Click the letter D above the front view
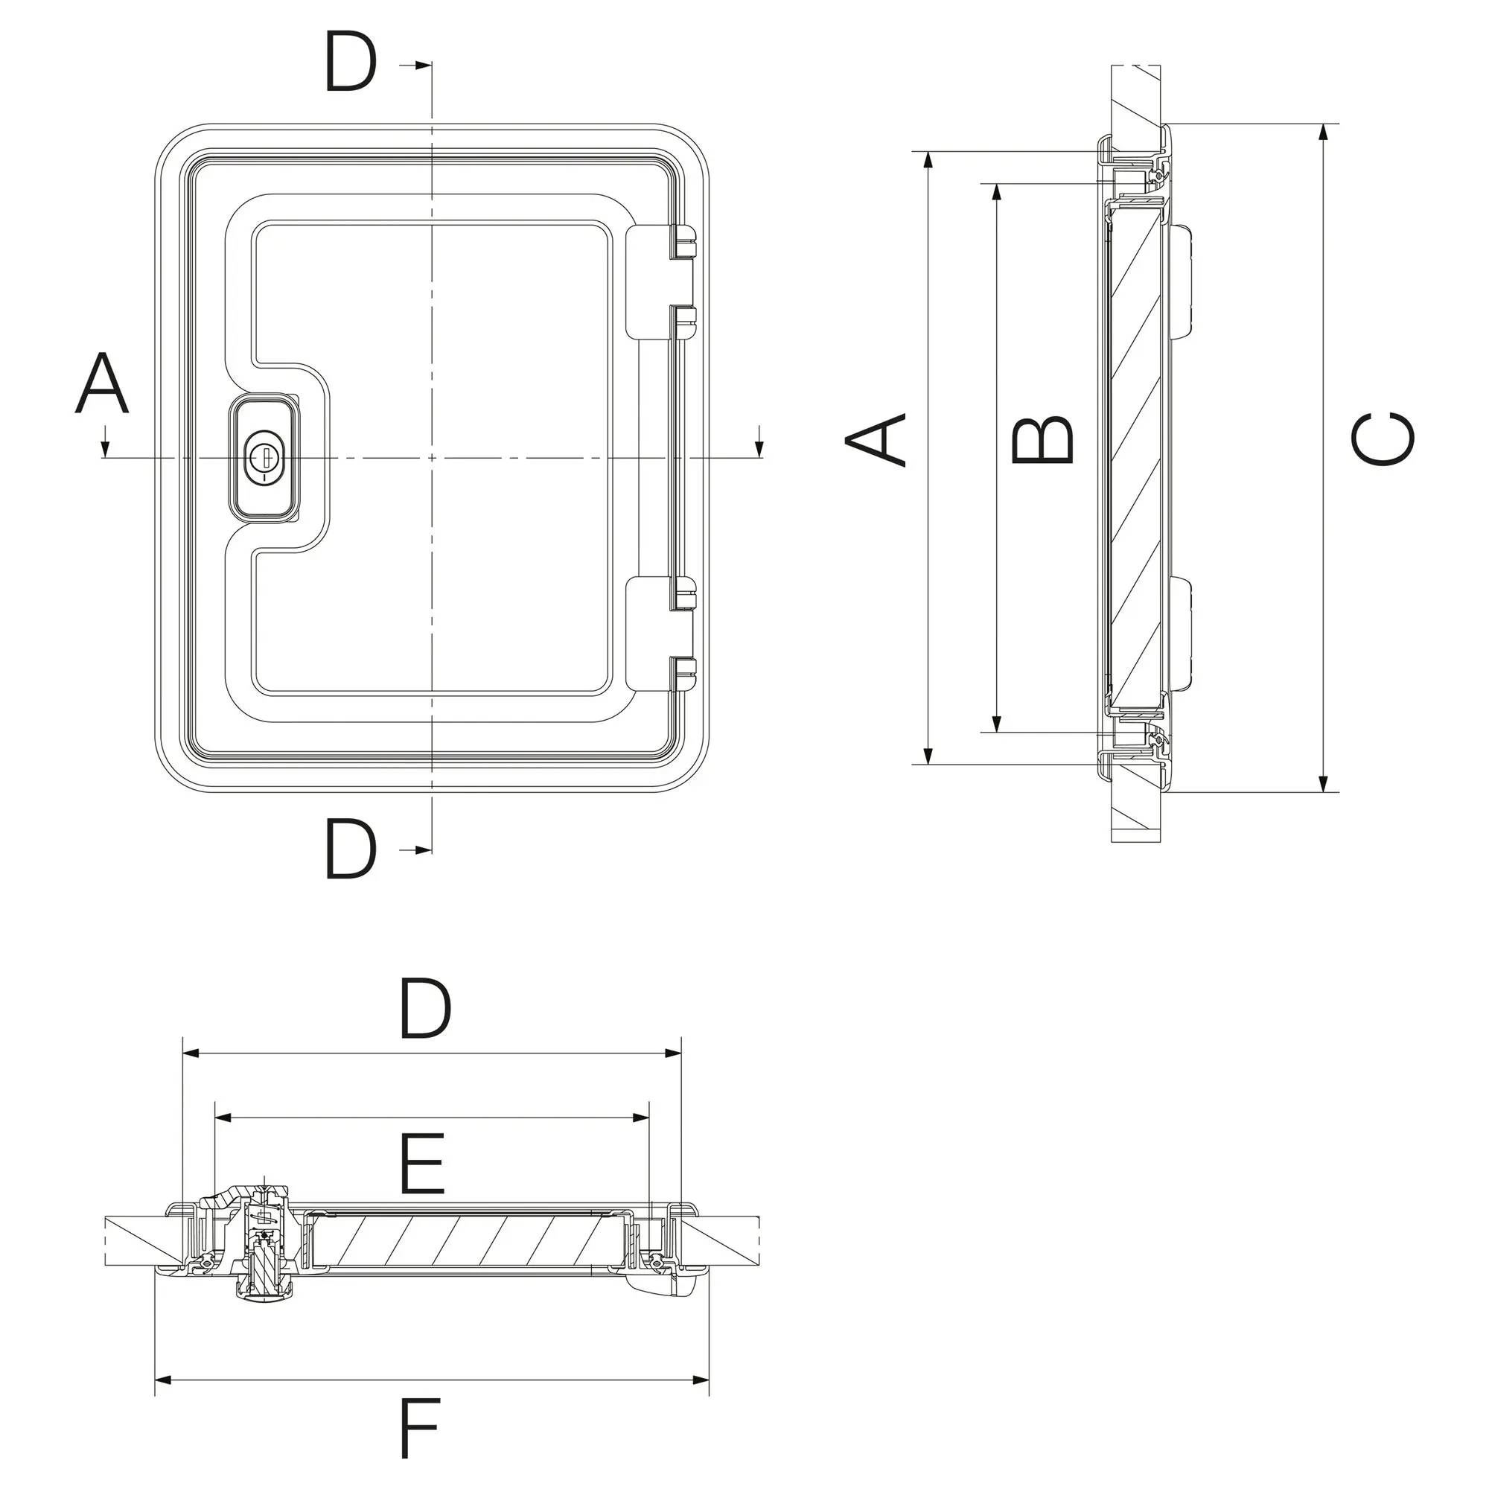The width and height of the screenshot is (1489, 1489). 351,61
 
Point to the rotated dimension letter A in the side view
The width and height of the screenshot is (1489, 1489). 876,440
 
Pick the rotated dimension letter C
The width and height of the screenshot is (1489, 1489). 1383,439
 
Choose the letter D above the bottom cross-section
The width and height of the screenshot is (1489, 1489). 424,1008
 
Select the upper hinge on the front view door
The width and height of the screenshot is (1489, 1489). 661,281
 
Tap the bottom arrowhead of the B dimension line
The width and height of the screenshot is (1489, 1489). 997,722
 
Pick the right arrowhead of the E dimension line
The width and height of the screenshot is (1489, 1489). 640,1117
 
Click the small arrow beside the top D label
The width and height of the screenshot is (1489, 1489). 416,66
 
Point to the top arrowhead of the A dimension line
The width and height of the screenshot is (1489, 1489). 929,160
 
